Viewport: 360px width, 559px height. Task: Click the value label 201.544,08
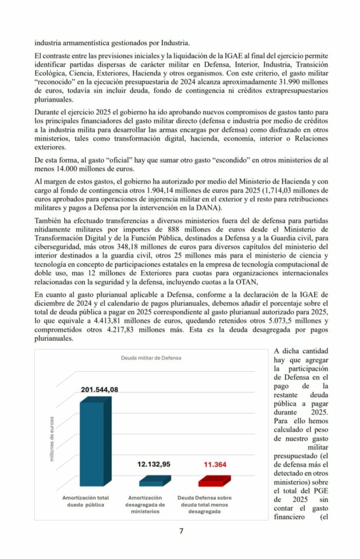click(99, 389)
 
